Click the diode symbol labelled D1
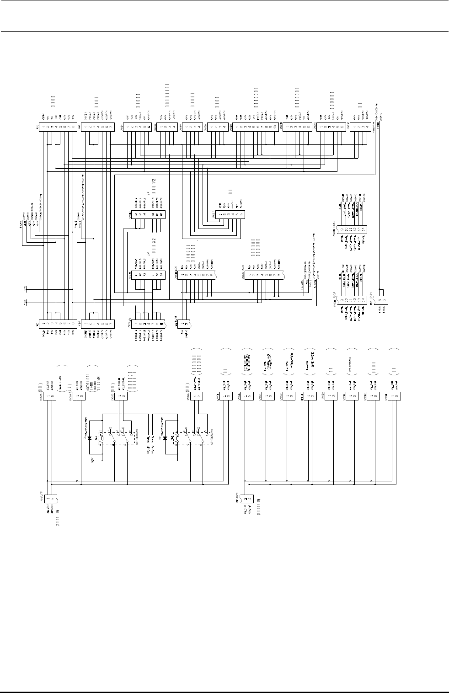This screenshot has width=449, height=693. [x=89, y=437]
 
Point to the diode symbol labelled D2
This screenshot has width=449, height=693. [x=165, y=437]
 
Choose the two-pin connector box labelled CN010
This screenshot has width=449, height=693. [x=331, y=396]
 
